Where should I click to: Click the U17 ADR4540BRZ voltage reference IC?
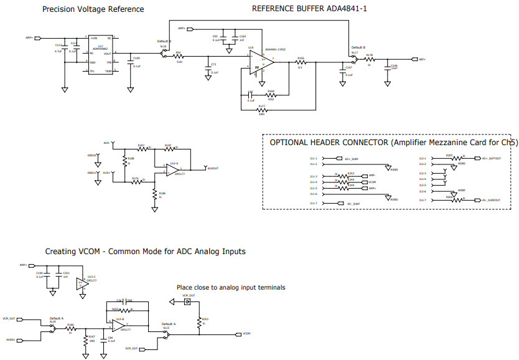tap(100, 55)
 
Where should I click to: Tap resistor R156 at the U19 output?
tap(301, 62)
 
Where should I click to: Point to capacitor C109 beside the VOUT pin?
tap(131, 63)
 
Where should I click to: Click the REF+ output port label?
tap(422, 60)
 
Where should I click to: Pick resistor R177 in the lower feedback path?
tap(262, 110)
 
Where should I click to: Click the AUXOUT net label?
tap(213, 168)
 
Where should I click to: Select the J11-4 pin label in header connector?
tap(314, 182)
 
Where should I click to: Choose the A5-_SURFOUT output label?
tap(491, 201)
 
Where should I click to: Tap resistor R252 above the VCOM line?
tap(200, 321)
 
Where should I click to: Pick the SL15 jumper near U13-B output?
tap(166, 334)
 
